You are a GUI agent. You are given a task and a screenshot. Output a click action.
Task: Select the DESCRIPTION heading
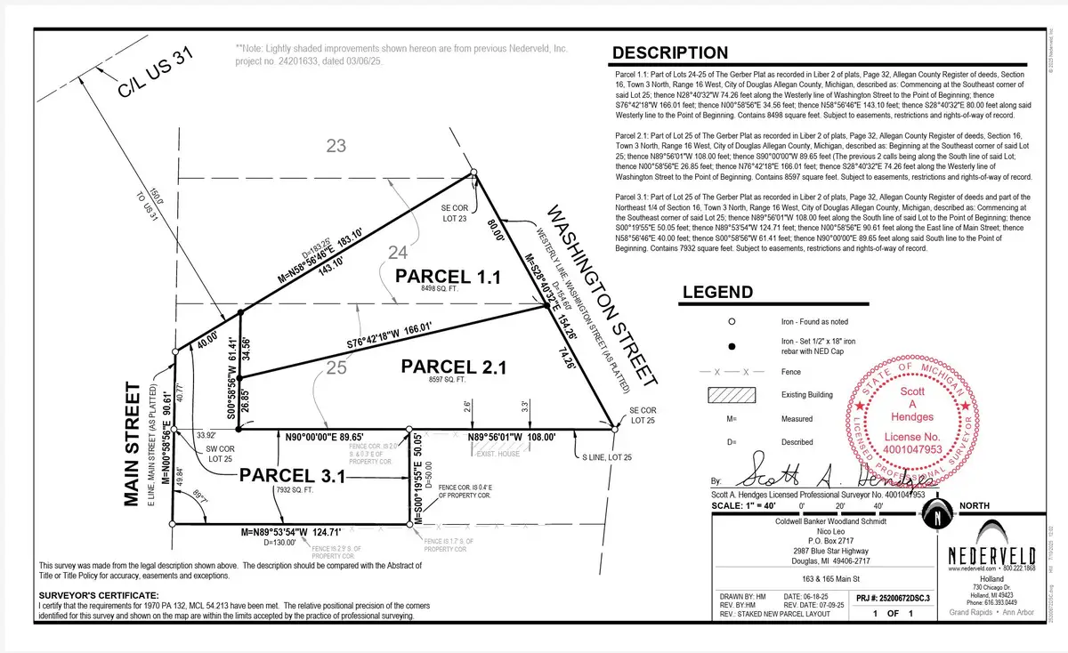pos(669,52)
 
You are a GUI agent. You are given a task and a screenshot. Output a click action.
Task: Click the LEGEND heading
pos(716,292)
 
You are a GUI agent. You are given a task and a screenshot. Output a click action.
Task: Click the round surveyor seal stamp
pos(902,415)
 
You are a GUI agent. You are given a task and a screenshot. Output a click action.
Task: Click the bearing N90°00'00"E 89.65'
pos(325,438)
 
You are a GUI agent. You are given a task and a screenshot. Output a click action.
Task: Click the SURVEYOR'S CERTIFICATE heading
pos(98,594)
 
